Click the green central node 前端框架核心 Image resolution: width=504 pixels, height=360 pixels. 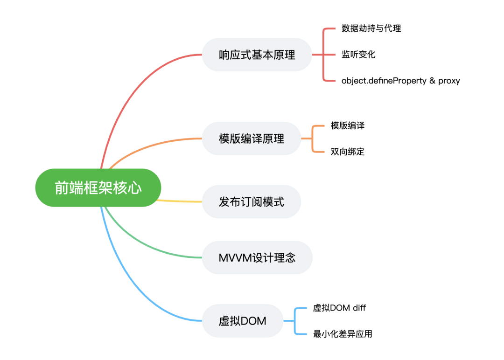[x=98, y=187]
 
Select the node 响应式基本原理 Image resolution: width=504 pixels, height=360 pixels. [x=257, y=55]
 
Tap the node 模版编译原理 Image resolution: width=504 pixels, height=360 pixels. [x=252, y=138]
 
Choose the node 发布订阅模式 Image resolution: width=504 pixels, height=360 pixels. [x=252, y=201]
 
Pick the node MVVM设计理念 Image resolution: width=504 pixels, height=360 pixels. [x=257, y=257]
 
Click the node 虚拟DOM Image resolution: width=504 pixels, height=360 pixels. [x=243, y=321]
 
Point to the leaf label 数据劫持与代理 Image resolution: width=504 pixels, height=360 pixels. [x=371, y=28]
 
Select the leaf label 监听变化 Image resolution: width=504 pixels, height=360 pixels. [x=358, y=55]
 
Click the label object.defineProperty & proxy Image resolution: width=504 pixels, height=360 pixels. [x=400, y=81]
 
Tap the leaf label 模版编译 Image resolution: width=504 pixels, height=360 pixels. [x=348, y=125]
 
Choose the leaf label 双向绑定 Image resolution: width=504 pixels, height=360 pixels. [x=348, y=152]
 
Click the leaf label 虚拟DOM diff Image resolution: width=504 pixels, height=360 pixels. [x=339, y=308]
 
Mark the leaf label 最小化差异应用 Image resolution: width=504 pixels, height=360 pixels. [x=343, y=334]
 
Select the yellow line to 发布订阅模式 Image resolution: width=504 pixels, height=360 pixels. [x=179, y=201]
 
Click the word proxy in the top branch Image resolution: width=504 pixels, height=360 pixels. [x=449, y=81]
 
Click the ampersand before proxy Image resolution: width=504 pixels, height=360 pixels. [x=432, y=80]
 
